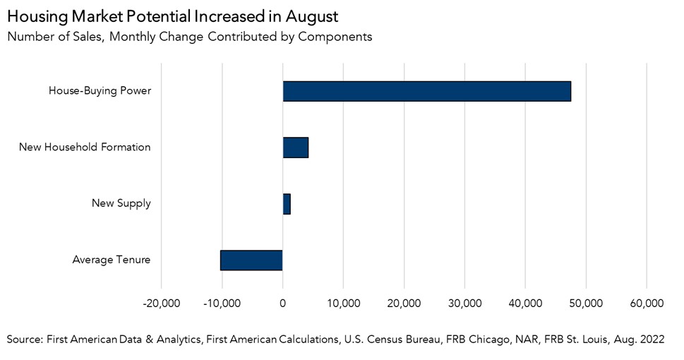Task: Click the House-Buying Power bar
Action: tap(426, 91)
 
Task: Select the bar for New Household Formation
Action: tap(295, 148)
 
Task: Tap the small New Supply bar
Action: tap(287, 204)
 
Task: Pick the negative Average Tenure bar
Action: tap(251, 260)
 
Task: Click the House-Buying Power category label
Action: tap(100, 91)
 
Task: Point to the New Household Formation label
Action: tap(85, 148)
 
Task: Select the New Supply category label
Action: tap(121, 204)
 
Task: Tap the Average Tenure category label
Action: tap(111, 260)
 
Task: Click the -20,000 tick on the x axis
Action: tap(162, 304)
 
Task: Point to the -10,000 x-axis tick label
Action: tap(222, 304)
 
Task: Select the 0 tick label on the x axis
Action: tap(283, 304)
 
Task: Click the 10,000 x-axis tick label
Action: tap(343, 304)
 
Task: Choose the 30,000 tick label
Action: tap(464, 304)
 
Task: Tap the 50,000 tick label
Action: tap(585, 304)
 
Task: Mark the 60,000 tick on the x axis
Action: tap(646, 304)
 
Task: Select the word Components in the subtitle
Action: tap(335, 37)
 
